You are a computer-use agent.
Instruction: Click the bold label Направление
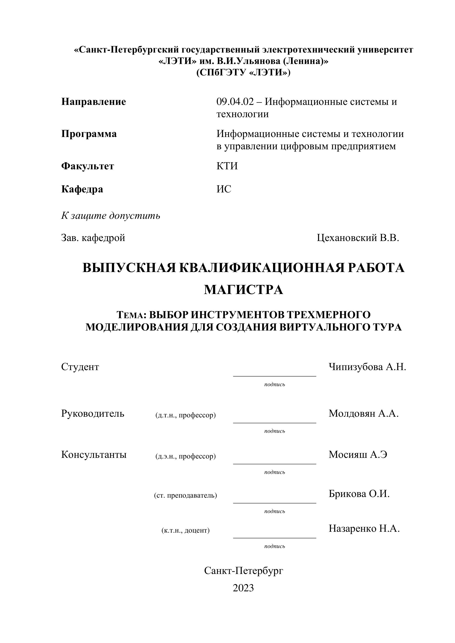(x=94, y=102)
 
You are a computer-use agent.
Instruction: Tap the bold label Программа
(x=89, y=134)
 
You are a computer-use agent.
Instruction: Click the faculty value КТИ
(x=227, y=166)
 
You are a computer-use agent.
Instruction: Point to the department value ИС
(x=224, y=189)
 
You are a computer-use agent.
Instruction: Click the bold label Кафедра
(x=82, y=189)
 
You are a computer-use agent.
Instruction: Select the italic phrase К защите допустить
(x=111, y=216)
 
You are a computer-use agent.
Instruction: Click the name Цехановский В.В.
(x=358, y=238)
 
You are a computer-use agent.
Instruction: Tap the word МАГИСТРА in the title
(x=244, y=290)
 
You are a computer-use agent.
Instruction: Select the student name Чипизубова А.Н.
(x=367, y=367)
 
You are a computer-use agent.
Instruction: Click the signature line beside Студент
(x=275, y=376)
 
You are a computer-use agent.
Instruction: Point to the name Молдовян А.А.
(x=363, y=413)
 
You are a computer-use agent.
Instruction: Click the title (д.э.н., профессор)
(x=185, y=457)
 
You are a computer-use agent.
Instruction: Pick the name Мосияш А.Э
(x=358, y=455)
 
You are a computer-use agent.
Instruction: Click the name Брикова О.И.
(x=359, y=494)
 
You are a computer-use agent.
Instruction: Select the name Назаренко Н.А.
(x=364, y=528)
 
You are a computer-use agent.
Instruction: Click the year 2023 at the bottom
(x=243, y=588)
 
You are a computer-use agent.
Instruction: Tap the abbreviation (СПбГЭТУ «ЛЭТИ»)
(x=244, y=73)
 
